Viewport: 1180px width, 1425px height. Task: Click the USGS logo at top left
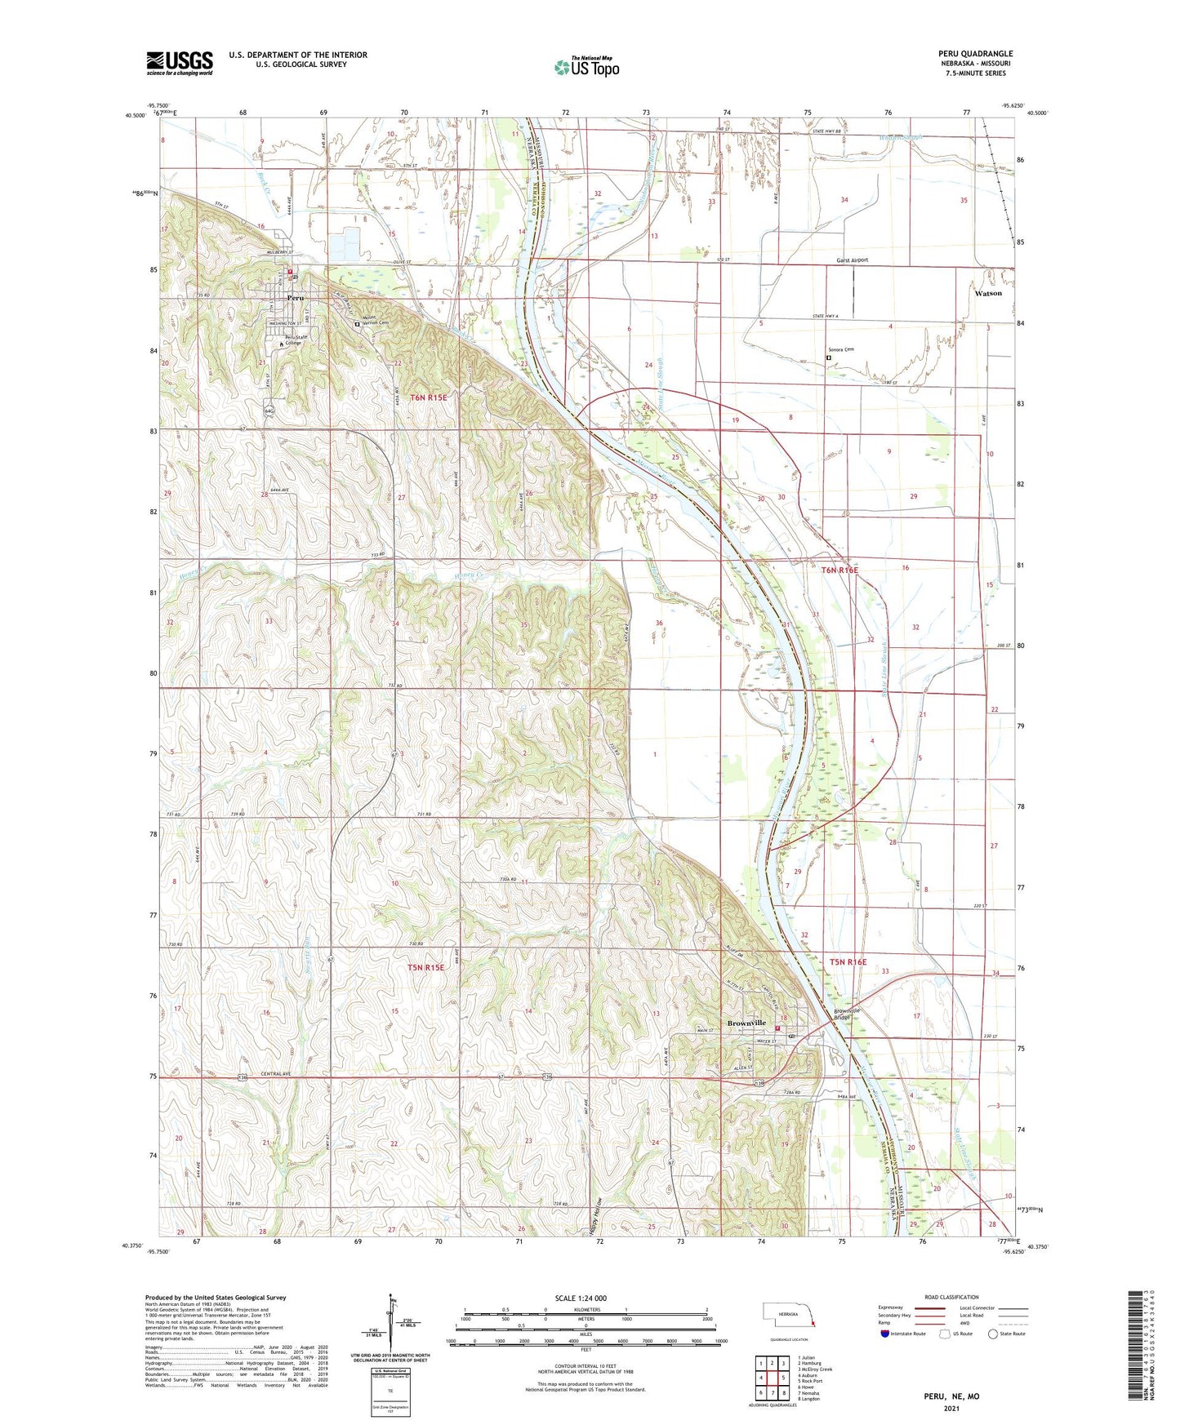tap(180, 62)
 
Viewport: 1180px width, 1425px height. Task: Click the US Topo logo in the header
tap(586, 67)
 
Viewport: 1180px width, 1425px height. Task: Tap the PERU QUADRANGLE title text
tap(975, 54)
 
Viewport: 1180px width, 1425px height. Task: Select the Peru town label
tap(296, 299)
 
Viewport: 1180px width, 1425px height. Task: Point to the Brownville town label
tap(746, 1023)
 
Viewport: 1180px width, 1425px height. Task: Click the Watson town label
tap(988, 293)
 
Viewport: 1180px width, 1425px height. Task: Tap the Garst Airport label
tap(852, 260)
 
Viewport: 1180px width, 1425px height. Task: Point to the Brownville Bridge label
tap(847, 1014)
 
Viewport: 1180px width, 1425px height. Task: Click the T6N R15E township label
tap(428, 397)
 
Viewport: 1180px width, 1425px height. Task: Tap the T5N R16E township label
tap(848, 962)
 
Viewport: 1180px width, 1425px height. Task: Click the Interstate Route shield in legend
tap(887, 1334)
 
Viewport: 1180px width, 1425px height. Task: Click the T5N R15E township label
tap(426, 967)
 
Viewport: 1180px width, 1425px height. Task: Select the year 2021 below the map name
tap(951, 1408)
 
